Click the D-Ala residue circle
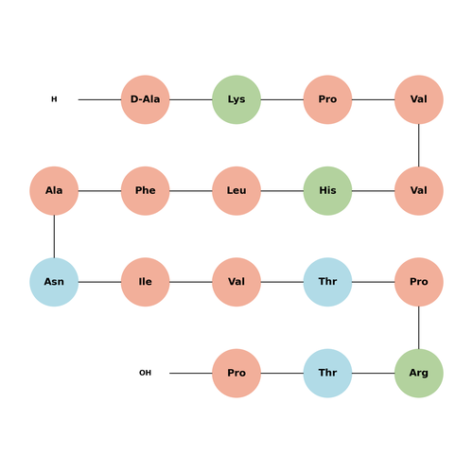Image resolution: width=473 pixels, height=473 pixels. click(146, 99)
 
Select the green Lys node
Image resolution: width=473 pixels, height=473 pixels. click(236, 99)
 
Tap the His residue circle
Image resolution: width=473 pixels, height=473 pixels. click(327, 191)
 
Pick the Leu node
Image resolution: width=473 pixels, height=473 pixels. click(236, 191)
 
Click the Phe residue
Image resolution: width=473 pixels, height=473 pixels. click(146, 191)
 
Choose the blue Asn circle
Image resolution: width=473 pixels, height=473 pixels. click(54, 282)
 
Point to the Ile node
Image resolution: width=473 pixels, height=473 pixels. click(146, 282)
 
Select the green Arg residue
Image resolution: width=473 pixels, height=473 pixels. click(419, 373)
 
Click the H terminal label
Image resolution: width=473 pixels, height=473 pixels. click(54, 99)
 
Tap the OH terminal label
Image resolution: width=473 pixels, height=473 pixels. click(145, 373)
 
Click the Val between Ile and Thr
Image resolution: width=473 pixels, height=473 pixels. click(236, 282)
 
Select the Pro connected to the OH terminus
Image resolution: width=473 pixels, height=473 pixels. click(236, 373)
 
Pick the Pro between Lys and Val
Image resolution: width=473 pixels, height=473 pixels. click(327, 99)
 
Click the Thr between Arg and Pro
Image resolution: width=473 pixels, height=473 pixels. click(327, 373)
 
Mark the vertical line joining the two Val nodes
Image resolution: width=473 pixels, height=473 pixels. click(419, 145)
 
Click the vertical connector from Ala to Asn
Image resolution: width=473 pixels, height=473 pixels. click(54, 236)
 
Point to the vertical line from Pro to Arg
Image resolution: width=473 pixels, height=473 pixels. click(419, 327)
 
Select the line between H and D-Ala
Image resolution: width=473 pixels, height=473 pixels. click(99, 99)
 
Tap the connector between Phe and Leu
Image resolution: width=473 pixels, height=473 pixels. click(191, 191)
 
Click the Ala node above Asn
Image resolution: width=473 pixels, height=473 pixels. click(54, 191)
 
